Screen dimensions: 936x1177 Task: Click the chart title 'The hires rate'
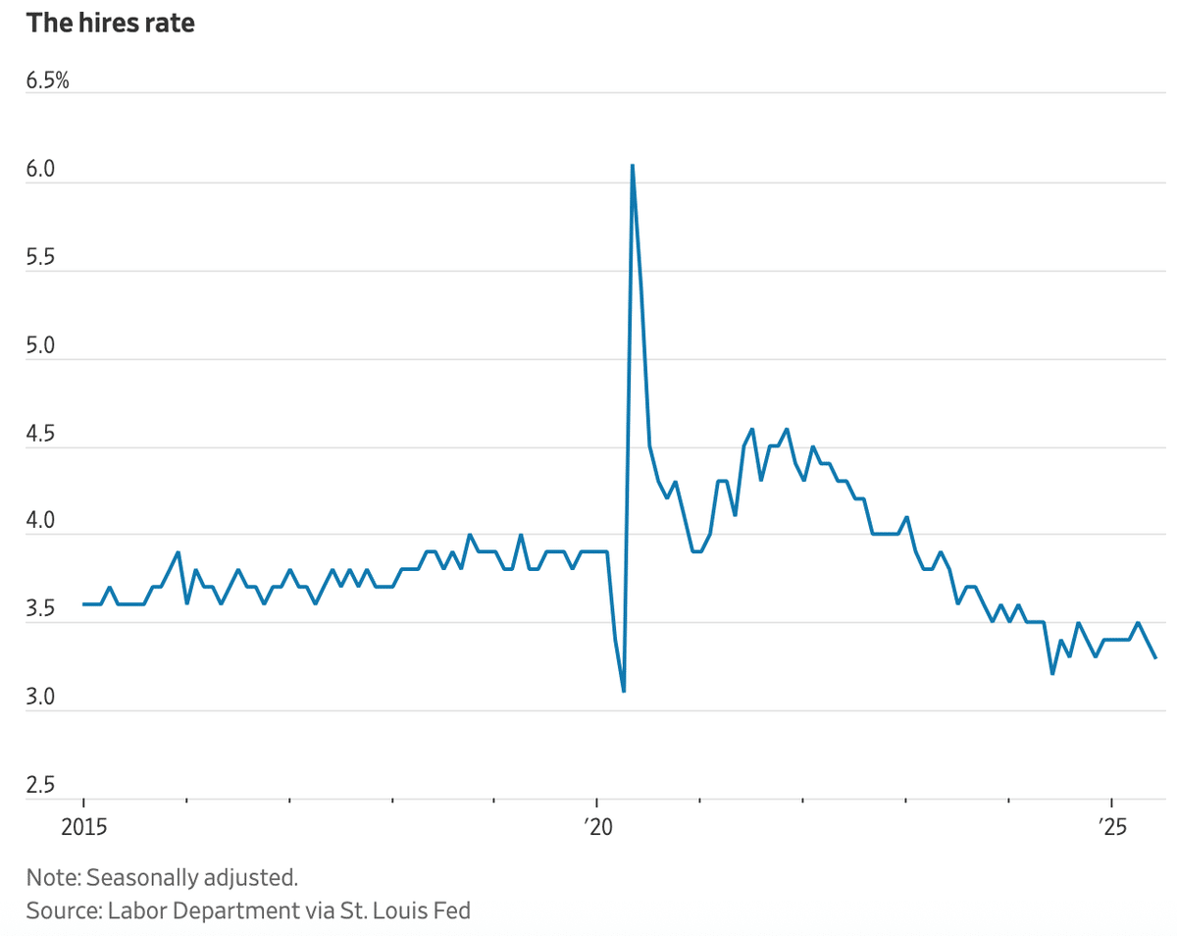(x=110, y=24)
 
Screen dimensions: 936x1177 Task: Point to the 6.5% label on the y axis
(x=48, y=81)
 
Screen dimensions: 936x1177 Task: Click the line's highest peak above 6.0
(x=632, y=165)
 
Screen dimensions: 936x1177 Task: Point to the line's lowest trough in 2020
(x=624, y=692)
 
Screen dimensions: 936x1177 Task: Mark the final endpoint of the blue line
(x=1155, y=657)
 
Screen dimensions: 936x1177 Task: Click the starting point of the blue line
(x=83, y=604)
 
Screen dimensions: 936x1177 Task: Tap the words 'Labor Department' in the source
(x=192, y=910)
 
